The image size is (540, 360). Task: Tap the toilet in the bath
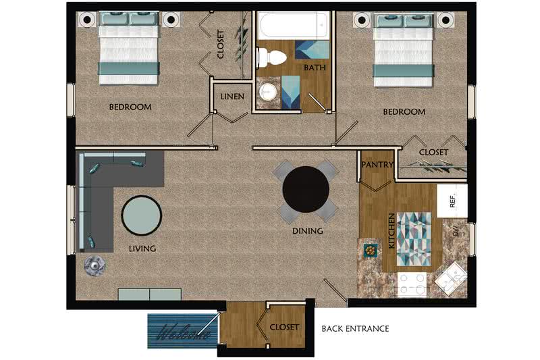(271, 57)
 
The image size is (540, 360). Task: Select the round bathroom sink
(268, 92)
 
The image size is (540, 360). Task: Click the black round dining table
(306, 189)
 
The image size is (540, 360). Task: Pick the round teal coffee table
(142, 215)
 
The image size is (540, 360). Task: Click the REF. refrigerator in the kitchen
(452, 201)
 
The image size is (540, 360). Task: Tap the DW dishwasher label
(456, 230)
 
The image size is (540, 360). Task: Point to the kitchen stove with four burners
(412, 284)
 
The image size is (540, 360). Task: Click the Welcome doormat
(183, 331)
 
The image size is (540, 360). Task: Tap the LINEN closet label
(232, 97)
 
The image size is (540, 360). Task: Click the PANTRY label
(377, 165)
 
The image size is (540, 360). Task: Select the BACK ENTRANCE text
(355, 329)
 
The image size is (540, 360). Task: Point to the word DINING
(308, 231)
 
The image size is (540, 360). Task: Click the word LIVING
(142, 249)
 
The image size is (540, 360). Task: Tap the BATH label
(315, 68)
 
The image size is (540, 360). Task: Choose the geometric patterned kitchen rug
(414, 239)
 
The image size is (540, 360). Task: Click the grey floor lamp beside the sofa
(94, 265)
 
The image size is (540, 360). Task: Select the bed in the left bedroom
(129, 48)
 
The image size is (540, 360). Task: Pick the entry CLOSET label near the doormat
(284, 327)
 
